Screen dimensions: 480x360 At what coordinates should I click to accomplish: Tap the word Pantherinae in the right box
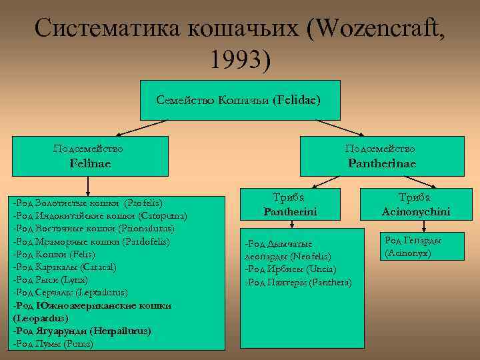click(x=381, y=163)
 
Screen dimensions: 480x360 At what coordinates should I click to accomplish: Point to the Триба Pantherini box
click(x=289, y=205)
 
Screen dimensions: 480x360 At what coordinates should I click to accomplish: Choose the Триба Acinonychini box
click(x=415, y=205)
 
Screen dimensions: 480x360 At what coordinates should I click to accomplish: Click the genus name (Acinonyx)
click(x=407, y=253)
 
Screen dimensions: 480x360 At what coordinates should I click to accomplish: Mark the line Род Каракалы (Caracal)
click(x=65, y=267)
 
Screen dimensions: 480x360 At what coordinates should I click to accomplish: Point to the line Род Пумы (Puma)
click(x=53, y=344)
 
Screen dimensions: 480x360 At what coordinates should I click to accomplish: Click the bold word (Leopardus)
click(x=38, y=318)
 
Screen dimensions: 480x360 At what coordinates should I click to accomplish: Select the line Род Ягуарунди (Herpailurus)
click(x=82, y=331)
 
